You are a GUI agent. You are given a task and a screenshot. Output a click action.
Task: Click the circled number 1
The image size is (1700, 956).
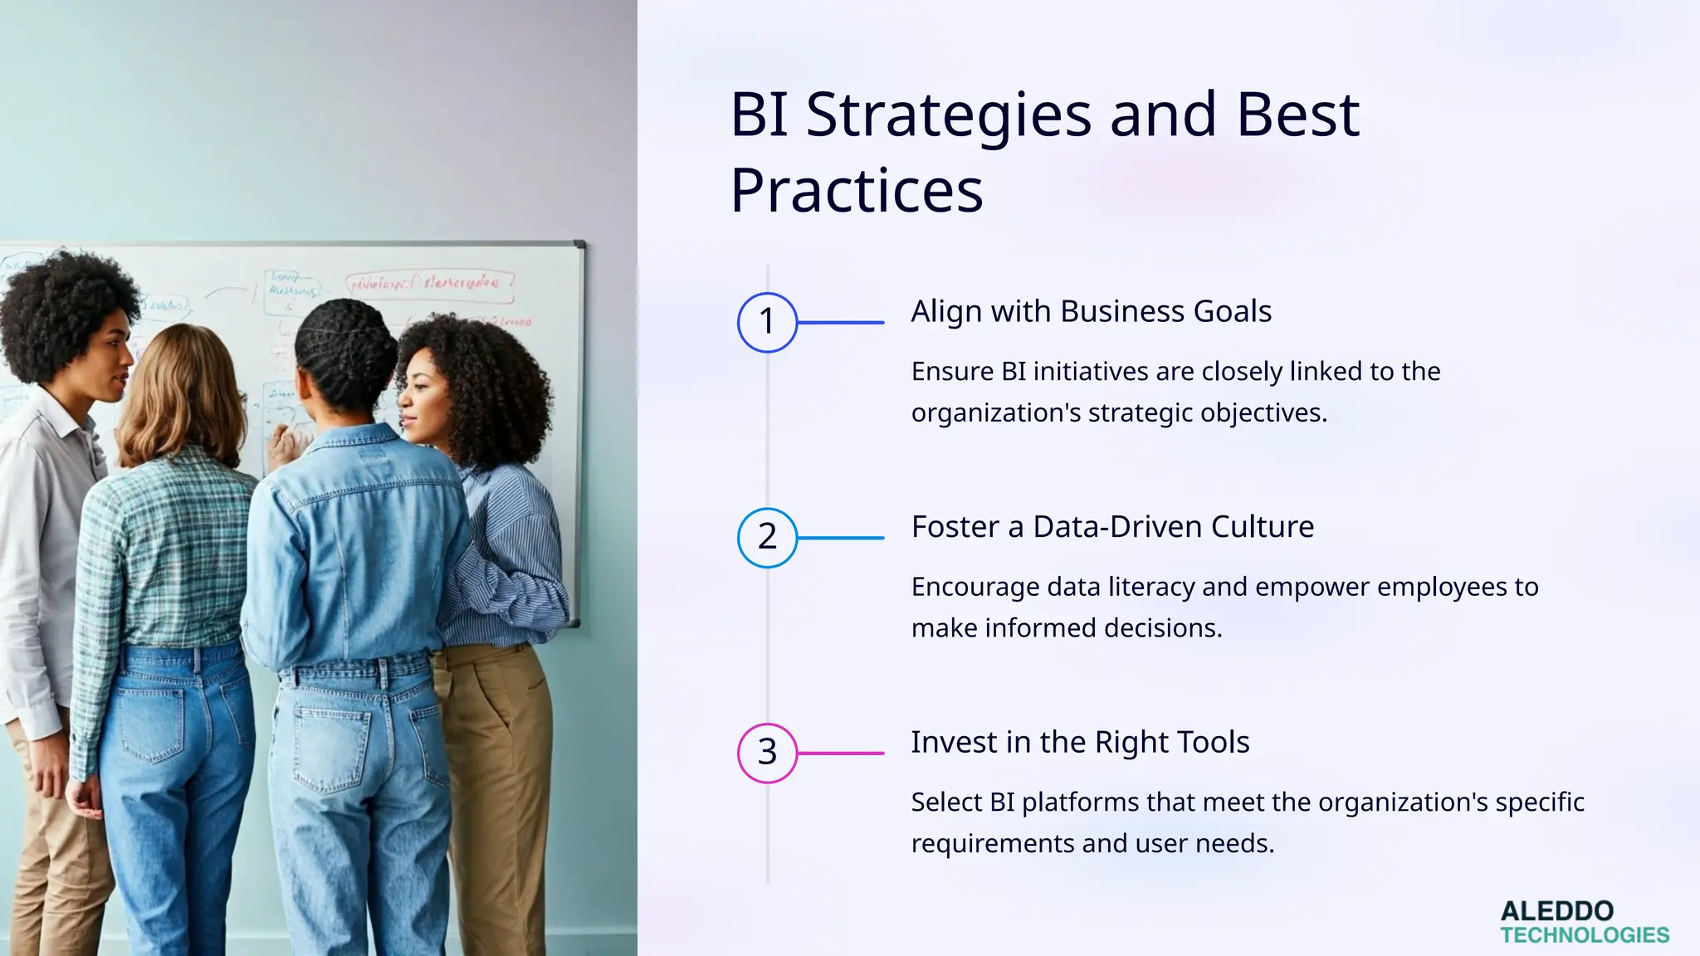767,322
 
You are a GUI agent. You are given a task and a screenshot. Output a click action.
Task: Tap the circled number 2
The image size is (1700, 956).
767,537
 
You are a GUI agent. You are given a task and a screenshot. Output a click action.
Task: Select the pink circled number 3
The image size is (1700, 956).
767,753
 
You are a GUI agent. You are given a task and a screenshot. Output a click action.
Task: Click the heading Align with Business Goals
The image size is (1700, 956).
1091,311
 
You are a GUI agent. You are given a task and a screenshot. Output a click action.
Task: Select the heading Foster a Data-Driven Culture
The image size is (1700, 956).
1112,527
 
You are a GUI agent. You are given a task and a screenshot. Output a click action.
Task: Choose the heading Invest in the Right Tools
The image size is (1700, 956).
1080,742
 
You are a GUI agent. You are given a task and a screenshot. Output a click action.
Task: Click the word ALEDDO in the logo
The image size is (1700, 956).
1556,911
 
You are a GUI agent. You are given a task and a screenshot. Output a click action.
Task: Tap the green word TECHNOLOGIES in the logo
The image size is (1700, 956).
1585,935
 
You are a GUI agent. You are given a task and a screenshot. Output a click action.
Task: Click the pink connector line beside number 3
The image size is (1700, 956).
840,753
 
